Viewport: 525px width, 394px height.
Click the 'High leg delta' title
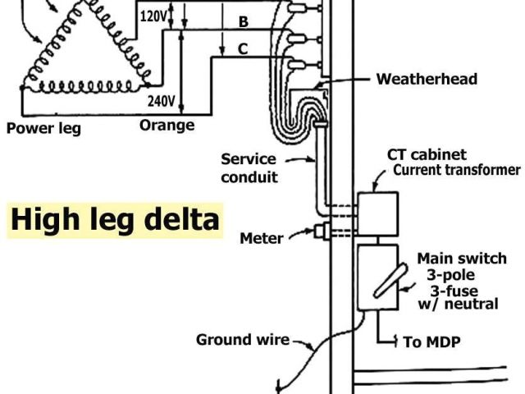(x=115, y=220)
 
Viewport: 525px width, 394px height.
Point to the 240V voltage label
(x=161, y=102)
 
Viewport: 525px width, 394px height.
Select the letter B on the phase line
(x=243, y=22)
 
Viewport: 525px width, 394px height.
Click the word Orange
(x=167, y=126)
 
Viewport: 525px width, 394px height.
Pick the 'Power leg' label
(x=43, y=128)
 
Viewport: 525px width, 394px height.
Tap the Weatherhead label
(x=427, y=80)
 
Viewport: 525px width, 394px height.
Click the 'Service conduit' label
(x=249, y=167)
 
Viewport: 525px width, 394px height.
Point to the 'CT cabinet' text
(x=427, y=154)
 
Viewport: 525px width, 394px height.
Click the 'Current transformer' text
(x=457, y=171)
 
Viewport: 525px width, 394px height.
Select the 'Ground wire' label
(x=242, y=340)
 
